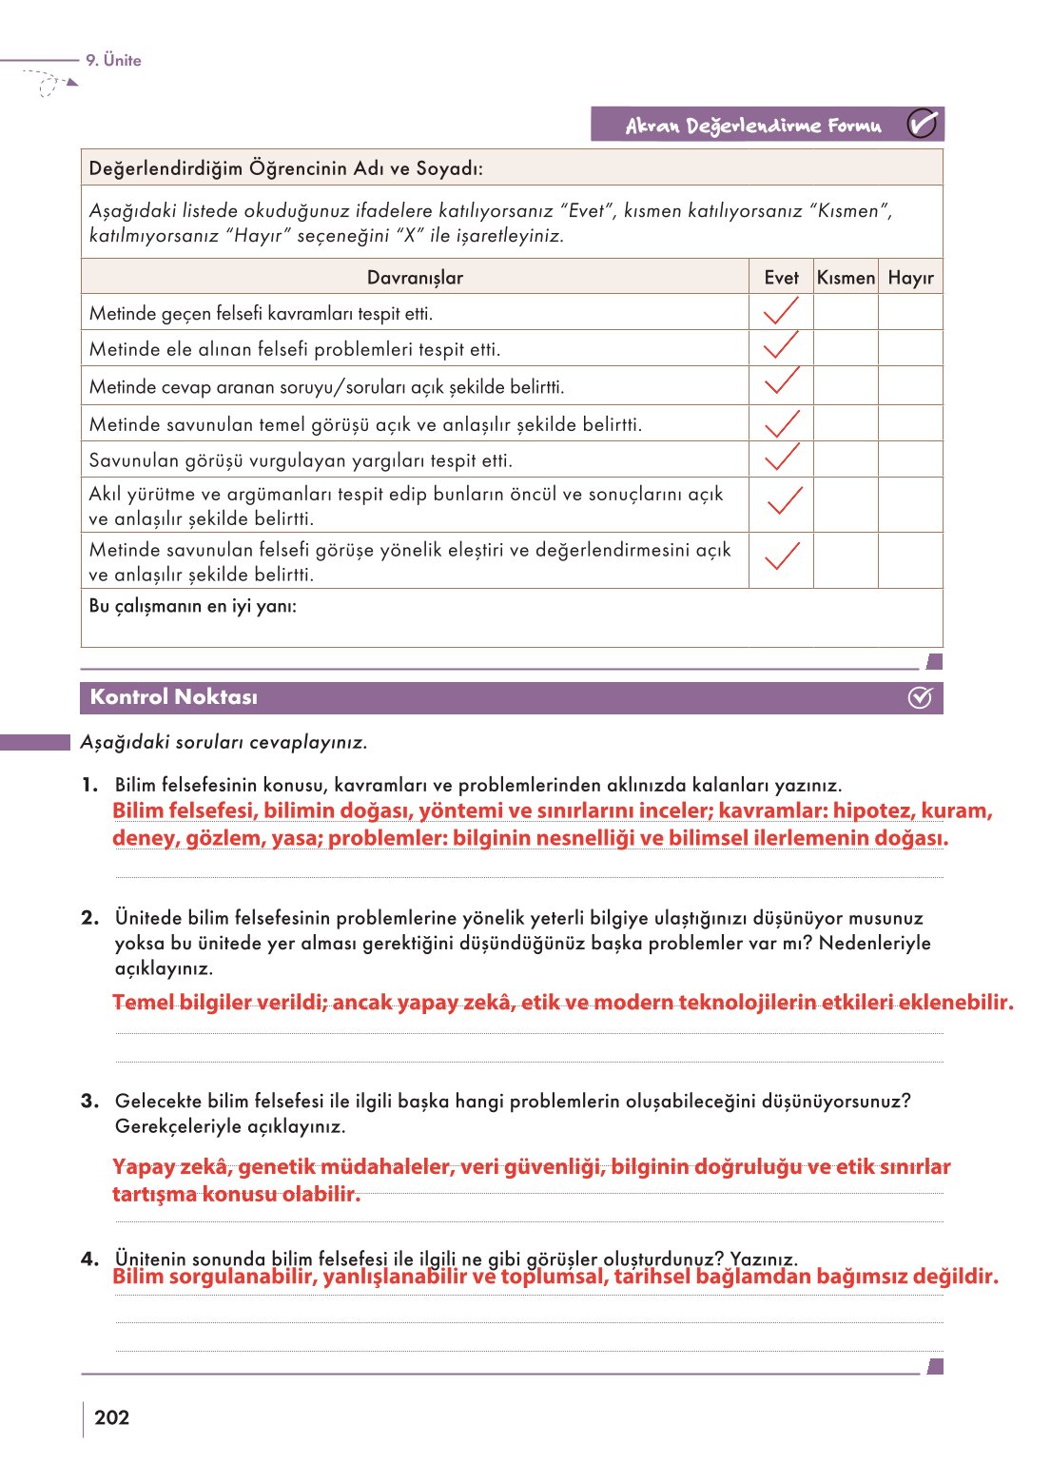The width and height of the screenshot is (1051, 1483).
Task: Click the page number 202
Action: point(111,1417)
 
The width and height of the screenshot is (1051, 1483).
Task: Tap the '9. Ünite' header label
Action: point(113,60)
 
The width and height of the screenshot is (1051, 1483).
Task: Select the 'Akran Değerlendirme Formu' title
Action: point(752,126)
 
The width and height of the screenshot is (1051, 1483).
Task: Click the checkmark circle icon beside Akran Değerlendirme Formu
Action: point(921,124)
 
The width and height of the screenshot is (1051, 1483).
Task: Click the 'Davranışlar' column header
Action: point(415,278)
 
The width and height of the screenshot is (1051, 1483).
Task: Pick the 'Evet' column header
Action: point(781,278)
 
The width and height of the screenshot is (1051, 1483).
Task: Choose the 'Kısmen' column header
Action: point(846,278)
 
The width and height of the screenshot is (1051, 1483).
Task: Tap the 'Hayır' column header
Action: point(910,278)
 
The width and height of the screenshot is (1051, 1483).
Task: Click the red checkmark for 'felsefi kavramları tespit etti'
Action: point(781,311)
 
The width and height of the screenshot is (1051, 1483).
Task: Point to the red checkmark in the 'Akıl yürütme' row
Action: point(784,500)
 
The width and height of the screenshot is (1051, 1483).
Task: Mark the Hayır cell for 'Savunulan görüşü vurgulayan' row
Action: point(910,459)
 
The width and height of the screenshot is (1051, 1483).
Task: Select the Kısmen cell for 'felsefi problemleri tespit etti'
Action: point(846,348)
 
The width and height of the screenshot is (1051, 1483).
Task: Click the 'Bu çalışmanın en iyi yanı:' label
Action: point(192,606)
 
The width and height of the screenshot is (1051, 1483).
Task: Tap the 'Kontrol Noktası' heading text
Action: point(173,697)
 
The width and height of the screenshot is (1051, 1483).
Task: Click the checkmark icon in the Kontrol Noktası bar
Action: point(920,697)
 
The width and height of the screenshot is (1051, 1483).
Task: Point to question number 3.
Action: point(89,1101)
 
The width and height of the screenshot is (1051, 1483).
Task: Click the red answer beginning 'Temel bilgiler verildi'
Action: point(562,1003)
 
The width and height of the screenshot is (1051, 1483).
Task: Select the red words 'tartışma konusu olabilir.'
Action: point(236,1194)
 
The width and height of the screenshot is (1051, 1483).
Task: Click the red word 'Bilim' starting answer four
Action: point(138,1277)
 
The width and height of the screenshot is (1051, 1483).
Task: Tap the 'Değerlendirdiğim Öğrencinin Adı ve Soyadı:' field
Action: point(285,168)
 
